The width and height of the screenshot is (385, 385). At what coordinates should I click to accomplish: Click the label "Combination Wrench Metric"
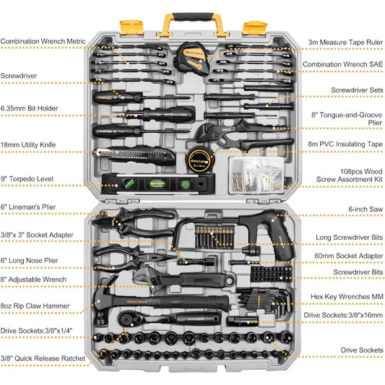coord(47,41)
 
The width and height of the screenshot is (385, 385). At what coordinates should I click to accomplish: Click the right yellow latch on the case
coord(254,27)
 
